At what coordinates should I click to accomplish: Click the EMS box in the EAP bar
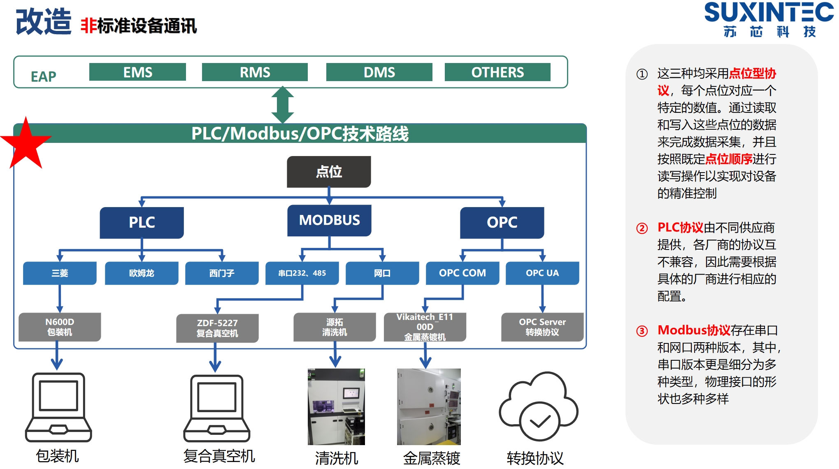point(137,72)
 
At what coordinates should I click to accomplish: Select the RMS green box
point(255,72)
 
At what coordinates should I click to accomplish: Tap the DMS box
point(379,72)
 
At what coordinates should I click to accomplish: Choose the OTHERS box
point(497,72)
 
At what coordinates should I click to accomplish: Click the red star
point(26,144)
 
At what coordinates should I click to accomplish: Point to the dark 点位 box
point(329,172)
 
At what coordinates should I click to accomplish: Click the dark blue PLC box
point(142,222)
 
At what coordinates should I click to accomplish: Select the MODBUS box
point(329,220)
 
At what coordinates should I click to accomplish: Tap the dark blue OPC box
point(502,222)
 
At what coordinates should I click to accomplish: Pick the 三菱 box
point(60,273)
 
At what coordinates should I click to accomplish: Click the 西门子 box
point(222,273)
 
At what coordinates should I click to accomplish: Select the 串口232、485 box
point(302,273)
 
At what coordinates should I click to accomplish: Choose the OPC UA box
point(542,273)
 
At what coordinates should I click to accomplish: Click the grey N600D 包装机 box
point(60,327)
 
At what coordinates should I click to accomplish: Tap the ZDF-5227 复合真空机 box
point(217,328)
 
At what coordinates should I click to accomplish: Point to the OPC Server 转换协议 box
point(542,327)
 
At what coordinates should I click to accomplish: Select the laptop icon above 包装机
point(58,408)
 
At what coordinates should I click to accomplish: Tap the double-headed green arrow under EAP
point(283,105)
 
